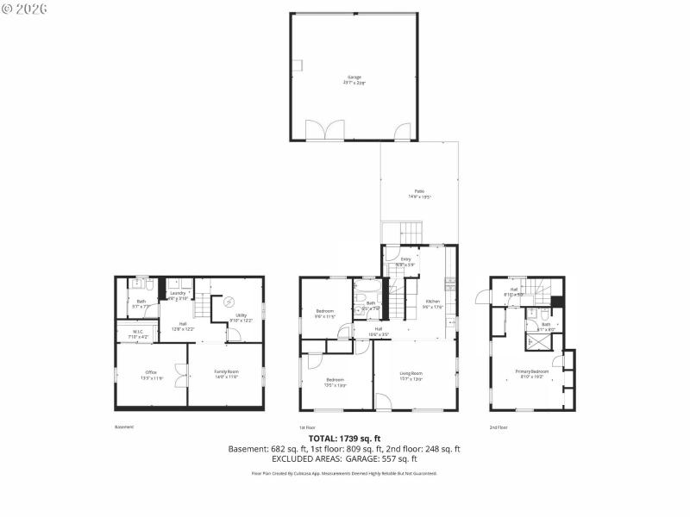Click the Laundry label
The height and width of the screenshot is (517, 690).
[178, 294]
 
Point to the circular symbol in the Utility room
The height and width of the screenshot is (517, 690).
[229, 302]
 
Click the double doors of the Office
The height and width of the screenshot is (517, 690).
[181, 375]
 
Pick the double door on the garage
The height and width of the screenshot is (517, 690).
[323, 131]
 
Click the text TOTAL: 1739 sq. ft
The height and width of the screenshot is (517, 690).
[344, 439]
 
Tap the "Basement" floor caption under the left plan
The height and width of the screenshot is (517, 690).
[124, 427]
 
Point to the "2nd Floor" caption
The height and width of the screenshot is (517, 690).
[499, 427]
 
